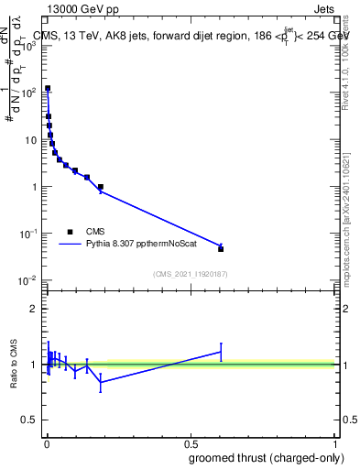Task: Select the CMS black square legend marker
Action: pos(70,232)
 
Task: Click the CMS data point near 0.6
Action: pos(221,248)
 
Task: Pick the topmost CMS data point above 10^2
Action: pos(48,89)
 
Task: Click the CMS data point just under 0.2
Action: pos(101,187)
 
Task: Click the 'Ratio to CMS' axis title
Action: pos(13,365)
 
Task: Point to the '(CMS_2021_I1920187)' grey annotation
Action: pos(190,274)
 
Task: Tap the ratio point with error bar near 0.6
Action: pos(221,351)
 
